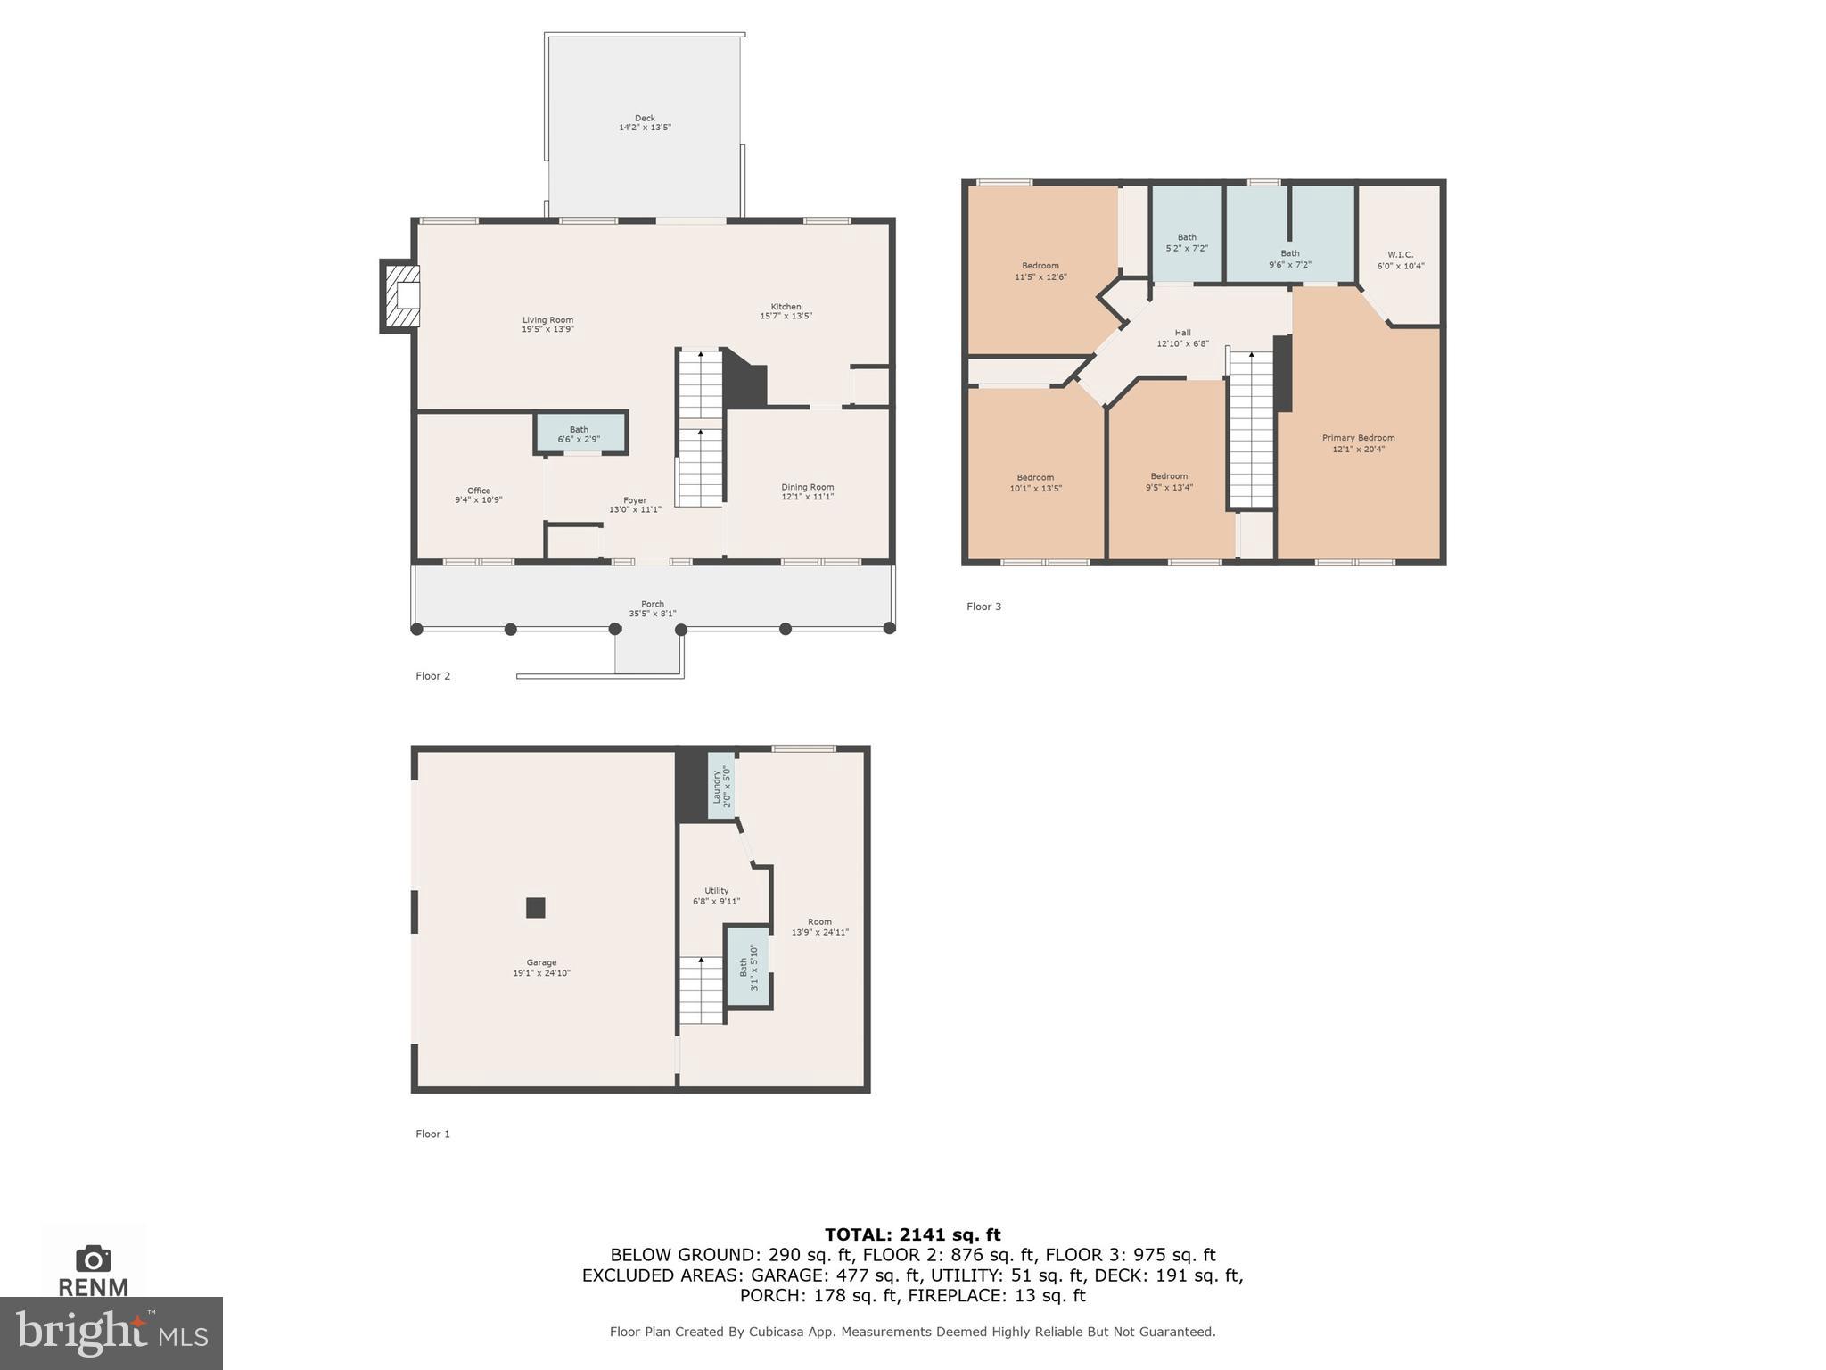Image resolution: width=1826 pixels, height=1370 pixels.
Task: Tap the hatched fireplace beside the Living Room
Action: coord(401,295)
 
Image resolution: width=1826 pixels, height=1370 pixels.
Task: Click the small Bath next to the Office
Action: coord(580,433)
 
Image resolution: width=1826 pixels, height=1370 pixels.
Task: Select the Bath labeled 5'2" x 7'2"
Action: coord(1187,243)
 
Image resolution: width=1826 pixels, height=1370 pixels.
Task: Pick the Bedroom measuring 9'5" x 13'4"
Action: coord(1169,482)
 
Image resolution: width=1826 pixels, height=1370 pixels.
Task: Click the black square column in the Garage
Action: coord(535,908)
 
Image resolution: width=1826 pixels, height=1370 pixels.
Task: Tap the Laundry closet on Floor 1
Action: coord(720,786)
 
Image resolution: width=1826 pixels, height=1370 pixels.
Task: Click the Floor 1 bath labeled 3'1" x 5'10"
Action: coord(747,968)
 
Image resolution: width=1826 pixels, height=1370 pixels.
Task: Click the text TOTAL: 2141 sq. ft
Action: coord(912,1234)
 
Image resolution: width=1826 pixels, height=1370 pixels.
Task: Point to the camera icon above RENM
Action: coord(93,1259)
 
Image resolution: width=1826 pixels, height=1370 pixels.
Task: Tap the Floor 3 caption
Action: coord(983,607)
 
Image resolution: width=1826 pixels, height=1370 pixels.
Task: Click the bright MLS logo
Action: coord(111,1333)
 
